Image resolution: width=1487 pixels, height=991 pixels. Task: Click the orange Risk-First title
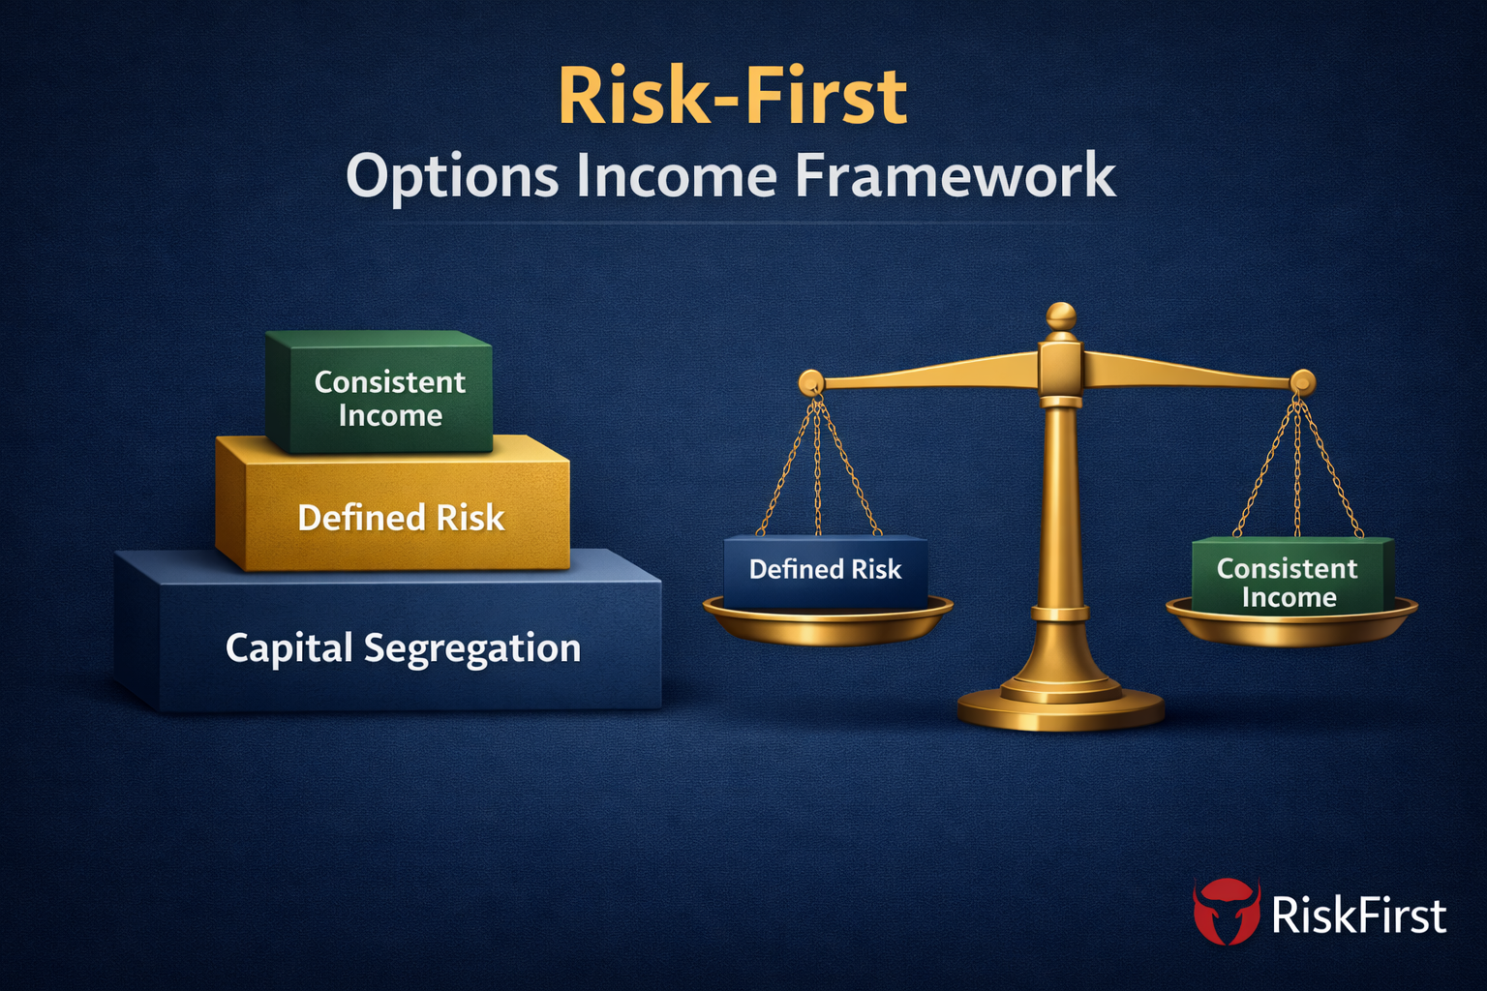coord(733,97)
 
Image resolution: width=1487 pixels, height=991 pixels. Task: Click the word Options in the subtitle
coord(452,177)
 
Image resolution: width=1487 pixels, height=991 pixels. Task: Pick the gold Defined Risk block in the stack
coord(400,518)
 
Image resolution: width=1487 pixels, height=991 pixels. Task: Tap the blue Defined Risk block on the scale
coord(825,570)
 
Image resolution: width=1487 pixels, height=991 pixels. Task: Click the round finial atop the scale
coord(1061,316)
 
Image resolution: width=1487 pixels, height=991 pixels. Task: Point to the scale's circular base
coord(1060,709)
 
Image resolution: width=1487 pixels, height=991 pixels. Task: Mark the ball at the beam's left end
coord(810,382)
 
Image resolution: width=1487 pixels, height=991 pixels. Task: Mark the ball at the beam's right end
coord(1303,381)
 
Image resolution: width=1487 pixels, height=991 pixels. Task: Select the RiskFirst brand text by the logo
coord(1358,915)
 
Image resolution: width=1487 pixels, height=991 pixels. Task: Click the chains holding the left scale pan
coord(819,465)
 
